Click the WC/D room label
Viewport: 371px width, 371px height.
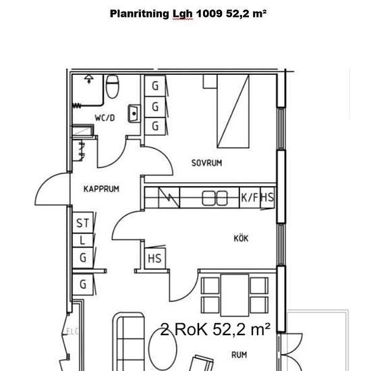coord(105,117)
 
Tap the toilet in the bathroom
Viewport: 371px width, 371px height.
coord(112,86)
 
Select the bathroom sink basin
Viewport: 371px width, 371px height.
coord(134,114)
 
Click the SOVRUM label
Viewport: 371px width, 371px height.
coord(206,163)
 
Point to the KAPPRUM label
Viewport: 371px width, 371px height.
coord(101,189)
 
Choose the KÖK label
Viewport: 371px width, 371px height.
coord(241,238)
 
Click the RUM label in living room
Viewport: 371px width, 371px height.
coord(239,355)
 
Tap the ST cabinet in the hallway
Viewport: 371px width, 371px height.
coord(83,223)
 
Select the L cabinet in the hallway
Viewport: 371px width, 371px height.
coord(83,240)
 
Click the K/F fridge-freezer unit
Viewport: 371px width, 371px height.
coord(250,198)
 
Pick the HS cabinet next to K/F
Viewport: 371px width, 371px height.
coord(268,198)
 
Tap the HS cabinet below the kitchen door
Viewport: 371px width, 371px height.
coord(155,258)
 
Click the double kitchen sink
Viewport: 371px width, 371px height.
coord(215,198)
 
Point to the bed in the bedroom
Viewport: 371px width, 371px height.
coord(233,111)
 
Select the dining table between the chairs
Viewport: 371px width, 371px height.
coord(235,295)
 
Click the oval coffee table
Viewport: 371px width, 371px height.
coord(163,349)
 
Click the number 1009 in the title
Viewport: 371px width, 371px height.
coord(209,13)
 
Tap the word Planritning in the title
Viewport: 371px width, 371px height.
coord(140,14)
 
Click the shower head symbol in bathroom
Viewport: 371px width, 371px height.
coord(89,79)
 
